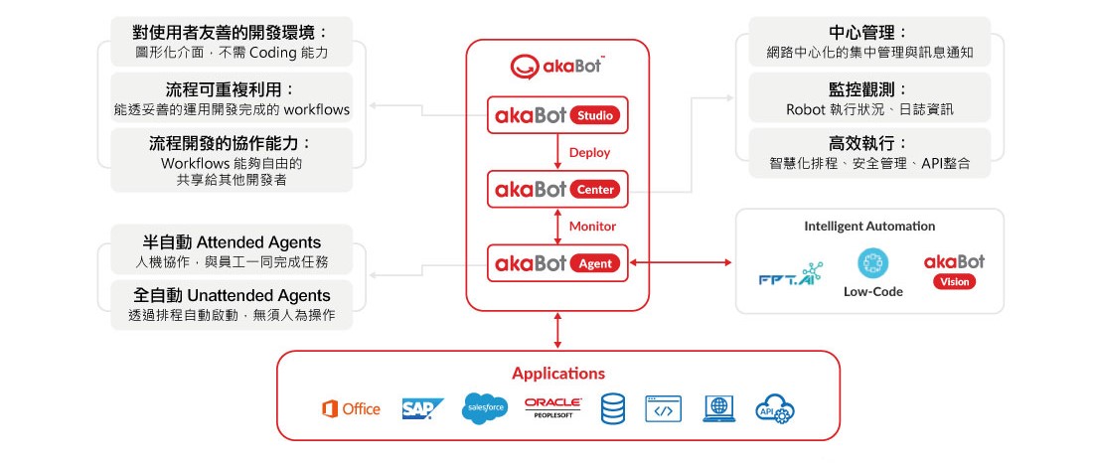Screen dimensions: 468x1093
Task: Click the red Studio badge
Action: pos(596,116)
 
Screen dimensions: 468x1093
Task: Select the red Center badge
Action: pos(596,189)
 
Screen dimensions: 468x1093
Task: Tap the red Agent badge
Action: pos(595,263)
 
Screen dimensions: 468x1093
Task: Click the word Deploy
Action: pos(589,153)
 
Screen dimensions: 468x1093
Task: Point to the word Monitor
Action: pos(592,227)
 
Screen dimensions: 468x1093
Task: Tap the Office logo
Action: pos(351,408)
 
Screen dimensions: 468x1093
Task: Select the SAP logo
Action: pos(422,408)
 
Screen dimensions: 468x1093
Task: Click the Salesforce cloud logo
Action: pos(485,408)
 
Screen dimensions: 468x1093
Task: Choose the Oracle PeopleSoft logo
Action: pos(552,407)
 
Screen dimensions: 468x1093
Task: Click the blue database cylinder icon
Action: pos(613,408)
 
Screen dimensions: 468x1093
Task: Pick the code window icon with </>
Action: pos(664,408)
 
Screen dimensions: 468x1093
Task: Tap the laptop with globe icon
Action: pos(718,408)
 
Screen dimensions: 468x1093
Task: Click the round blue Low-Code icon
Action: pos(871,262)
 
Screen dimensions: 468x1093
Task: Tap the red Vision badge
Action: pos(954,281)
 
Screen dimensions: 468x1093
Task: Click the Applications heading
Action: pos(557,374)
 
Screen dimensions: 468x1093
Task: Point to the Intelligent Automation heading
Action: pos(869,227)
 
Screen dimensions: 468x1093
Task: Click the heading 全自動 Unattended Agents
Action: pos(233,295)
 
